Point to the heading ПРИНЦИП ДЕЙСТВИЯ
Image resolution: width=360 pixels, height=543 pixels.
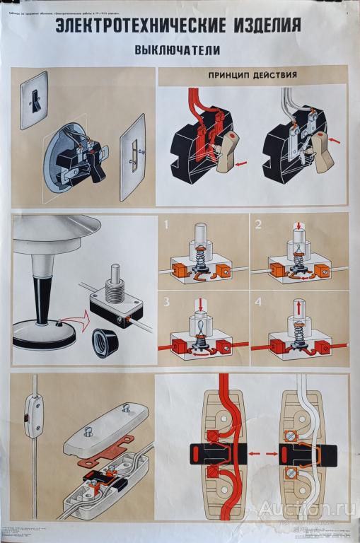point(251,74)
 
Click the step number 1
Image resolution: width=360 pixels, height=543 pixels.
point(166,226)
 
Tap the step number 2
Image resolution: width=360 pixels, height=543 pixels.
point(257,226)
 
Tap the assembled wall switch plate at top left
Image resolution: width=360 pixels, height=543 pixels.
point(33,103)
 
